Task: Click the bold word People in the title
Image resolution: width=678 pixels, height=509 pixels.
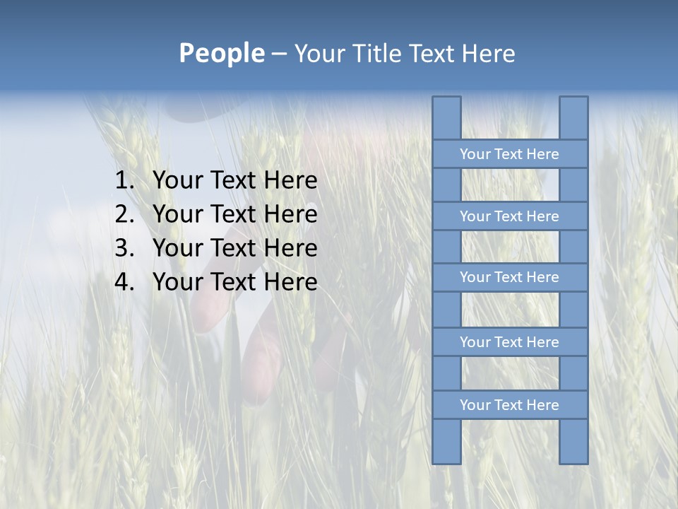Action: point(222,54)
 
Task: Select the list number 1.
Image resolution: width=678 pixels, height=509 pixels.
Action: point(124,181)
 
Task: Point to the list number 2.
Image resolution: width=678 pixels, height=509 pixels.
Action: point(124,214)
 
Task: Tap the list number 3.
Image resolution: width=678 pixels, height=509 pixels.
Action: point(124,248)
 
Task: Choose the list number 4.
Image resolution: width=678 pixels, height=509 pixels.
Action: point(124,282)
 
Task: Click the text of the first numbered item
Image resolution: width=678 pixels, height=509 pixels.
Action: point(234,181)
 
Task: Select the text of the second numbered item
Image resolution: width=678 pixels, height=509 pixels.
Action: point(234,214)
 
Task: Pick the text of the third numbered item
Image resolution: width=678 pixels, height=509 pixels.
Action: point(234,248)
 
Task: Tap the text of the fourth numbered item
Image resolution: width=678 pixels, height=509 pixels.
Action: point(234,282)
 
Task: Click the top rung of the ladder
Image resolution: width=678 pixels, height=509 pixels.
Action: point(509,154)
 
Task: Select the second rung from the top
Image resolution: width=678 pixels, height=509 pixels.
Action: point(509,216)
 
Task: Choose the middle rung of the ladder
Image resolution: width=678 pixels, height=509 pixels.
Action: point(509,278)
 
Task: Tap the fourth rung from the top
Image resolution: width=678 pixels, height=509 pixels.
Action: point(509,342)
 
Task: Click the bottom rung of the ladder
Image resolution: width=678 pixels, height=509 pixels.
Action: point(509,405)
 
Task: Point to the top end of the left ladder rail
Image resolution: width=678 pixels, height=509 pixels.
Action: point(446,101)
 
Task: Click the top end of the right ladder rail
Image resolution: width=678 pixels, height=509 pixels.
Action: point(573,101)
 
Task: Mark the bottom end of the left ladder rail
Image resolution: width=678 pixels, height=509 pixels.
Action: point(446,459)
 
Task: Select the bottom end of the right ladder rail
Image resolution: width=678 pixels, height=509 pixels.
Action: point(573,459)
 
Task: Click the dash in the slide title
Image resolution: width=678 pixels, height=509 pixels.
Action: point(278,54)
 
